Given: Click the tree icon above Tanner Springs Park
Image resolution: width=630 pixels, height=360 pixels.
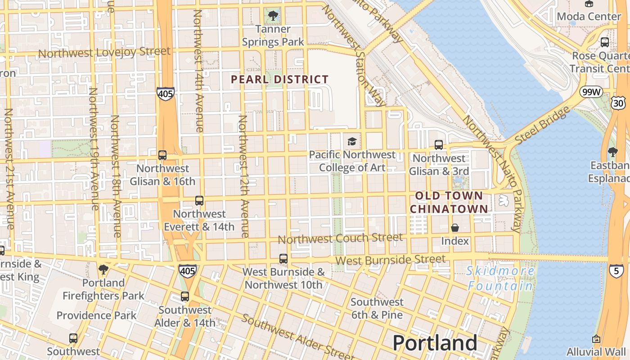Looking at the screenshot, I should click(273, 16).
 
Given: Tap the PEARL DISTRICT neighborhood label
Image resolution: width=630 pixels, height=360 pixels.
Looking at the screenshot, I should click(279, 80).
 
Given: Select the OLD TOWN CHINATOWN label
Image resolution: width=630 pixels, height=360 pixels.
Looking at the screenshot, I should click(449, 202).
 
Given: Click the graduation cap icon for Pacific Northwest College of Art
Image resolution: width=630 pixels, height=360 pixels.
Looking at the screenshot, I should click(351, 141).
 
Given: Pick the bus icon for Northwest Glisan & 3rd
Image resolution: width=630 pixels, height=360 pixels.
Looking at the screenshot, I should click(438, 145).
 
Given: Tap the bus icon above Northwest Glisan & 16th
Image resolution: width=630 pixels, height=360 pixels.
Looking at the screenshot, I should click(162, 155).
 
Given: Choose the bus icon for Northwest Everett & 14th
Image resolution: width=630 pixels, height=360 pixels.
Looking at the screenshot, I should click(199, 201).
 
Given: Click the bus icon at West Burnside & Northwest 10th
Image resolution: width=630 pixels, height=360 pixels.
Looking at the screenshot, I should click(283, 259).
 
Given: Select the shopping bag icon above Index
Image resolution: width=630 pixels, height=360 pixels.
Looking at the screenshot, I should click(455, 228).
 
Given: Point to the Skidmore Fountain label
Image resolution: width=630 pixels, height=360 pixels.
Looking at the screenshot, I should click(500, 278).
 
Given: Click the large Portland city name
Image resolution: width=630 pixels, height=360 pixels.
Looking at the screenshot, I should click(435, 343).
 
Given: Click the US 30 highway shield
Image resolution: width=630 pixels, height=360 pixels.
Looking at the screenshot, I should click(618, 103).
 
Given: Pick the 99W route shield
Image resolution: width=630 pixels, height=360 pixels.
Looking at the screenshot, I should click(590, 92).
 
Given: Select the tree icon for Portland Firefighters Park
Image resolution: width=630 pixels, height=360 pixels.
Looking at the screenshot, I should click(103, 270).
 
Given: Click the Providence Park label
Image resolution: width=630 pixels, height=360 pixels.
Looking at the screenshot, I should click(96, 315).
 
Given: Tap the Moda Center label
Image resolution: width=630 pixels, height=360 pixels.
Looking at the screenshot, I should click(589, 17).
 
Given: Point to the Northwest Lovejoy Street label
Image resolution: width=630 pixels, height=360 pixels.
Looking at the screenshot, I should click(104, 52).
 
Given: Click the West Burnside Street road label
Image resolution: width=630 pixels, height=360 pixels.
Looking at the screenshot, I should click(390, 260).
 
